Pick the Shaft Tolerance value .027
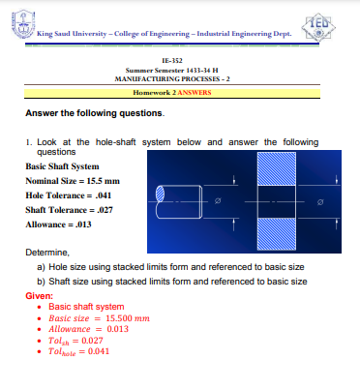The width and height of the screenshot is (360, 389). [104, 209]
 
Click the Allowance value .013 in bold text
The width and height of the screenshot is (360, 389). [80, 224]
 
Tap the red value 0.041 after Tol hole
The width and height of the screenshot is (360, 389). [99, 350]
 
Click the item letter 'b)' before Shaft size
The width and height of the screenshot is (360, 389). [41, 282]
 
